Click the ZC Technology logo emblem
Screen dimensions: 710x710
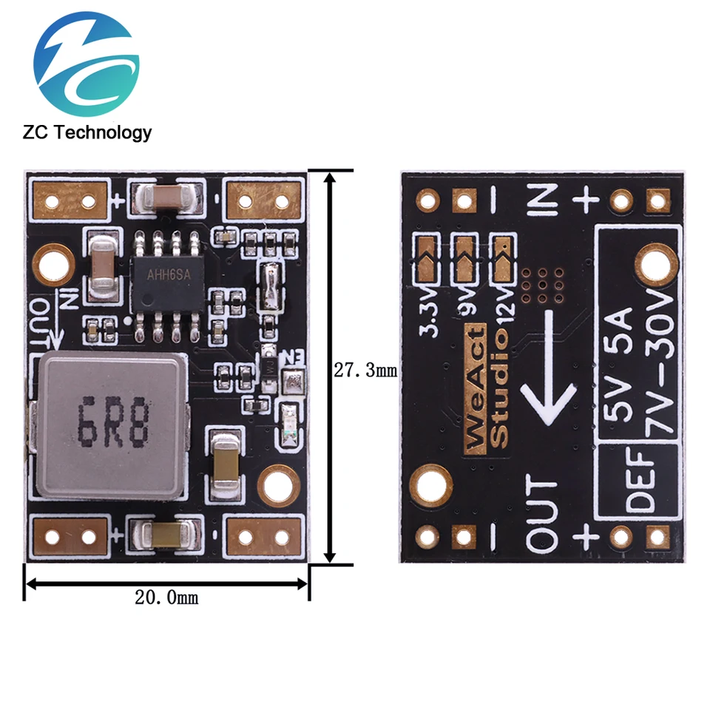pyautogui.click(x=87, y=64)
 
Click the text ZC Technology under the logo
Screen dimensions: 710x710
pyautogui.click(x=87, y=132)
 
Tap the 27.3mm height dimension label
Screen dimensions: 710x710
pyautogui.click(x=365, y=371)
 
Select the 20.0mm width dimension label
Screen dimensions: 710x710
pyautogui.click(x=166, y=598)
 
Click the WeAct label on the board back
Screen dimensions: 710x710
pyautogui.click(x=476, y=389)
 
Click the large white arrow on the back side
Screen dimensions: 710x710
pyautogui.click(x=550, y=368)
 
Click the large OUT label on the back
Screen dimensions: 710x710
pyautogui.click(x=542, y=513)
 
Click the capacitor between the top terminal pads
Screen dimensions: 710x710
pyautogui.click(x=166, y=196)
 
